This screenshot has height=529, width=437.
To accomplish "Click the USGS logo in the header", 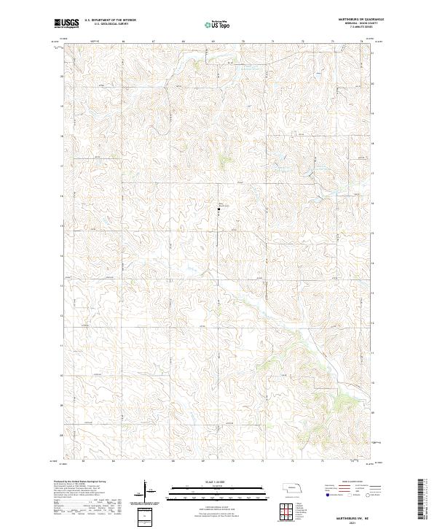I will pyautogui.click(x=66, y=23).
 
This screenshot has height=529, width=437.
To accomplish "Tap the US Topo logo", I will pyautogui.click(x=218, y=25).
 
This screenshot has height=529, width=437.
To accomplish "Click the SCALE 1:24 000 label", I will pyautogui.click(x=218, y=480).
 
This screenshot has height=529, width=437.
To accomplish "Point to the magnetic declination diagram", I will pyautogui.click(x=146, y=490).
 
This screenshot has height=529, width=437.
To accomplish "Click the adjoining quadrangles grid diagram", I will pyautogui.click(x=286, y=512).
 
